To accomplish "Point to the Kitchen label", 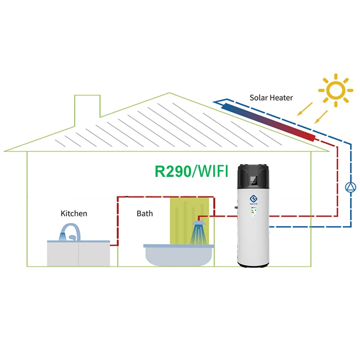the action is pyautogui.click(x=74, y=213).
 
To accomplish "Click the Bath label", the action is pyautogui.click(x=144, y=213).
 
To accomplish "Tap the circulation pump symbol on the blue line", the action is pyautogui.click(x=351, y=187).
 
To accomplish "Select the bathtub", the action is pyautogui.click(x=178, y=254).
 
